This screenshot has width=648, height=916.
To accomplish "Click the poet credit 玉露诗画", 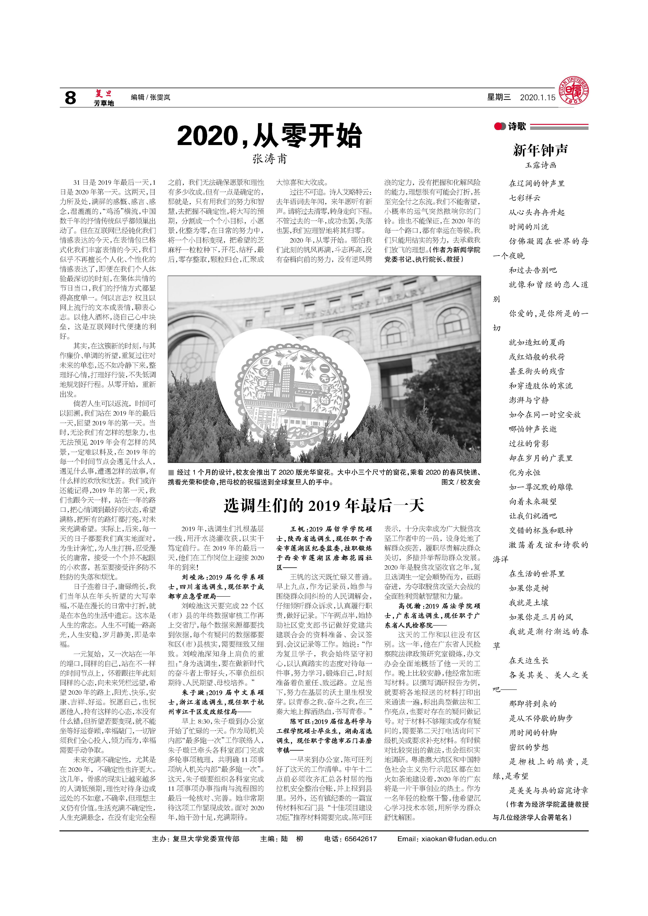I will coord(541,165).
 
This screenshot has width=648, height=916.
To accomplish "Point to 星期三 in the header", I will coord(499,97).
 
